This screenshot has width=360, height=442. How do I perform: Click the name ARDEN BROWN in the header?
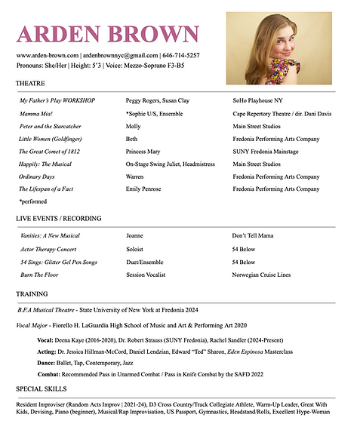coord(107,34)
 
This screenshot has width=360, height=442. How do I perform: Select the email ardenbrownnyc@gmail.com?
coord(119,55)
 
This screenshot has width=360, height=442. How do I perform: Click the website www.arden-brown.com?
coord(48,55)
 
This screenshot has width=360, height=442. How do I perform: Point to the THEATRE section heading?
coord(32,84)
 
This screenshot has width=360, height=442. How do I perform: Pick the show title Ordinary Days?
coord(37,176)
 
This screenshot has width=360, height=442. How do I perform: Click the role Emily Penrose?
coord(145,189)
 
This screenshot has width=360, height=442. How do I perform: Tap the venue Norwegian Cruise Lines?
coord(261,275)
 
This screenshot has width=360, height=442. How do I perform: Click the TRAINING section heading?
coord(32,293)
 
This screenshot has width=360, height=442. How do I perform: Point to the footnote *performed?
coord(33,201)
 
